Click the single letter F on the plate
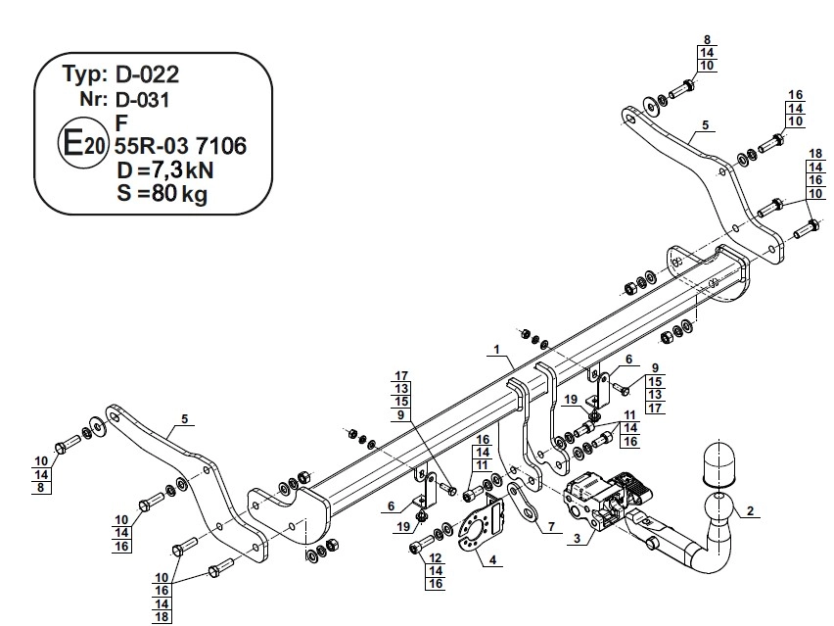120,122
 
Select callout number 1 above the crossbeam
497,350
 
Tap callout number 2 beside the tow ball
750,510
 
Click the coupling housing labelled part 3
596,496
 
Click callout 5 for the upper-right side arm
703,125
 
